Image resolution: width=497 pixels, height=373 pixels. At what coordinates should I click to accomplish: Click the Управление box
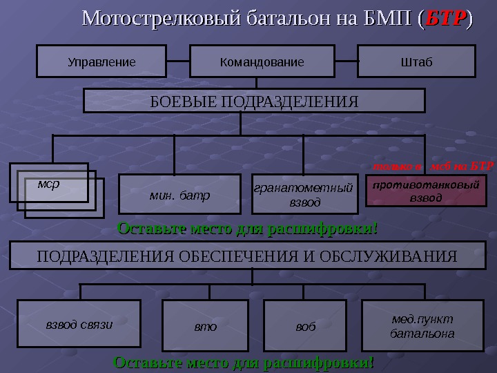coord(101,61)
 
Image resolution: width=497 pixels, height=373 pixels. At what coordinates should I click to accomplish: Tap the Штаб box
coord(416,61)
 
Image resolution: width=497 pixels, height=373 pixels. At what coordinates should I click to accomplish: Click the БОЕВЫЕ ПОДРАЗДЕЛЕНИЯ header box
coord(254,101)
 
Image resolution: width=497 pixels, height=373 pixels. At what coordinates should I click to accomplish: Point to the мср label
coord(48,184)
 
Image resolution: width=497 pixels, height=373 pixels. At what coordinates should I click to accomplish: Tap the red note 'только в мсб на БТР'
coord(433,166)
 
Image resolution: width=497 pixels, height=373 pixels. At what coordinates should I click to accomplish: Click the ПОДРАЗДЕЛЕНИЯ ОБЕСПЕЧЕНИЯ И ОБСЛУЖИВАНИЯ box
coord(246,256)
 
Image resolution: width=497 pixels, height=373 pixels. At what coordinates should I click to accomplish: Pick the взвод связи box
coord(79,323)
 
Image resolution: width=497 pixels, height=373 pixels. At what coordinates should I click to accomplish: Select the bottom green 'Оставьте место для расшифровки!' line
coord(244,362)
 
